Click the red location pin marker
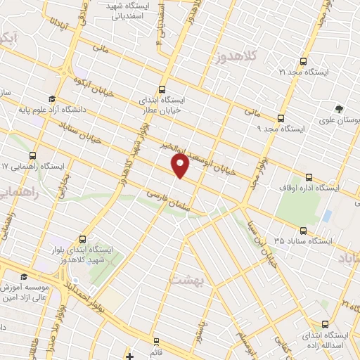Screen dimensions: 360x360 point(180,166)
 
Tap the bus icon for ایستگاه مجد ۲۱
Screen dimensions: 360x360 point(304,61)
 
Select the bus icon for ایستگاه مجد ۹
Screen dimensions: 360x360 point(281,118)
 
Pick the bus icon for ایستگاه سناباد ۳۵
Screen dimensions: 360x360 point(304,230)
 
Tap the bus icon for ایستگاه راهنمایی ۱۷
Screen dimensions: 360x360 point(33,155)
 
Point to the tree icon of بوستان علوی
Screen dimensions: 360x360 point(340,109)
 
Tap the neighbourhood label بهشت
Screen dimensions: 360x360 point(186,279)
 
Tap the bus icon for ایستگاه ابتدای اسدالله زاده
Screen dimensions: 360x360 point(324,324)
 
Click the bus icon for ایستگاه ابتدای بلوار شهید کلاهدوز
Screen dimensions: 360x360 point(84,238)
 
